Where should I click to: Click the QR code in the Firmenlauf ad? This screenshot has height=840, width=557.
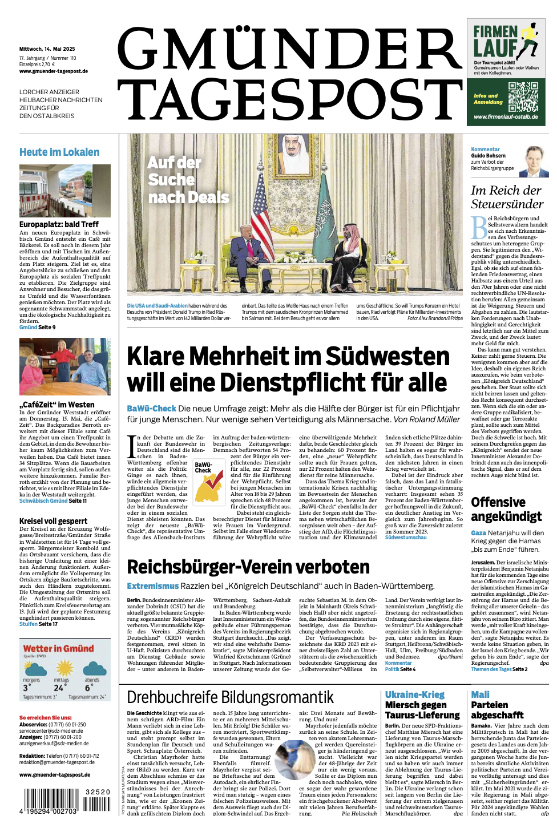pos(523,96)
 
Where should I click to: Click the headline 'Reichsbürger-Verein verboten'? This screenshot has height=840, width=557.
pos(248,567)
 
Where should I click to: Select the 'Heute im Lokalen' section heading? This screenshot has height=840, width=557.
pos(59,152)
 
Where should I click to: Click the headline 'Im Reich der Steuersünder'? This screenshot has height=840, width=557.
pos(507,197)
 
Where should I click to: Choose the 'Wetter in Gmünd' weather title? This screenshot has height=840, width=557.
pos(58,648)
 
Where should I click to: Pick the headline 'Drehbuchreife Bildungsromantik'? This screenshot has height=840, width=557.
pos(230,697)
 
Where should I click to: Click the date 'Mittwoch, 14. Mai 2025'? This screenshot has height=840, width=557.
pos(47,49)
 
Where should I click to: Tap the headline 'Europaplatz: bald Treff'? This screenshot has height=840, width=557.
pos(59,224)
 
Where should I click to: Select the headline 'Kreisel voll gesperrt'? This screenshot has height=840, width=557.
pos(54,520)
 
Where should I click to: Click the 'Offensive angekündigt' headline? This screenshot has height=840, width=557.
pos(506,509)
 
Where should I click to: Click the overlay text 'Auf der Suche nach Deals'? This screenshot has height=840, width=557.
pos(188,180)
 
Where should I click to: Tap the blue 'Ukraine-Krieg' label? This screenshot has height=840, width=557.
pos(414,694)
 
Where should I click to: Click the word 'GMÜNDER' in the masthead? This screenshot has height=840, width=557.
pos(290,50)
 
